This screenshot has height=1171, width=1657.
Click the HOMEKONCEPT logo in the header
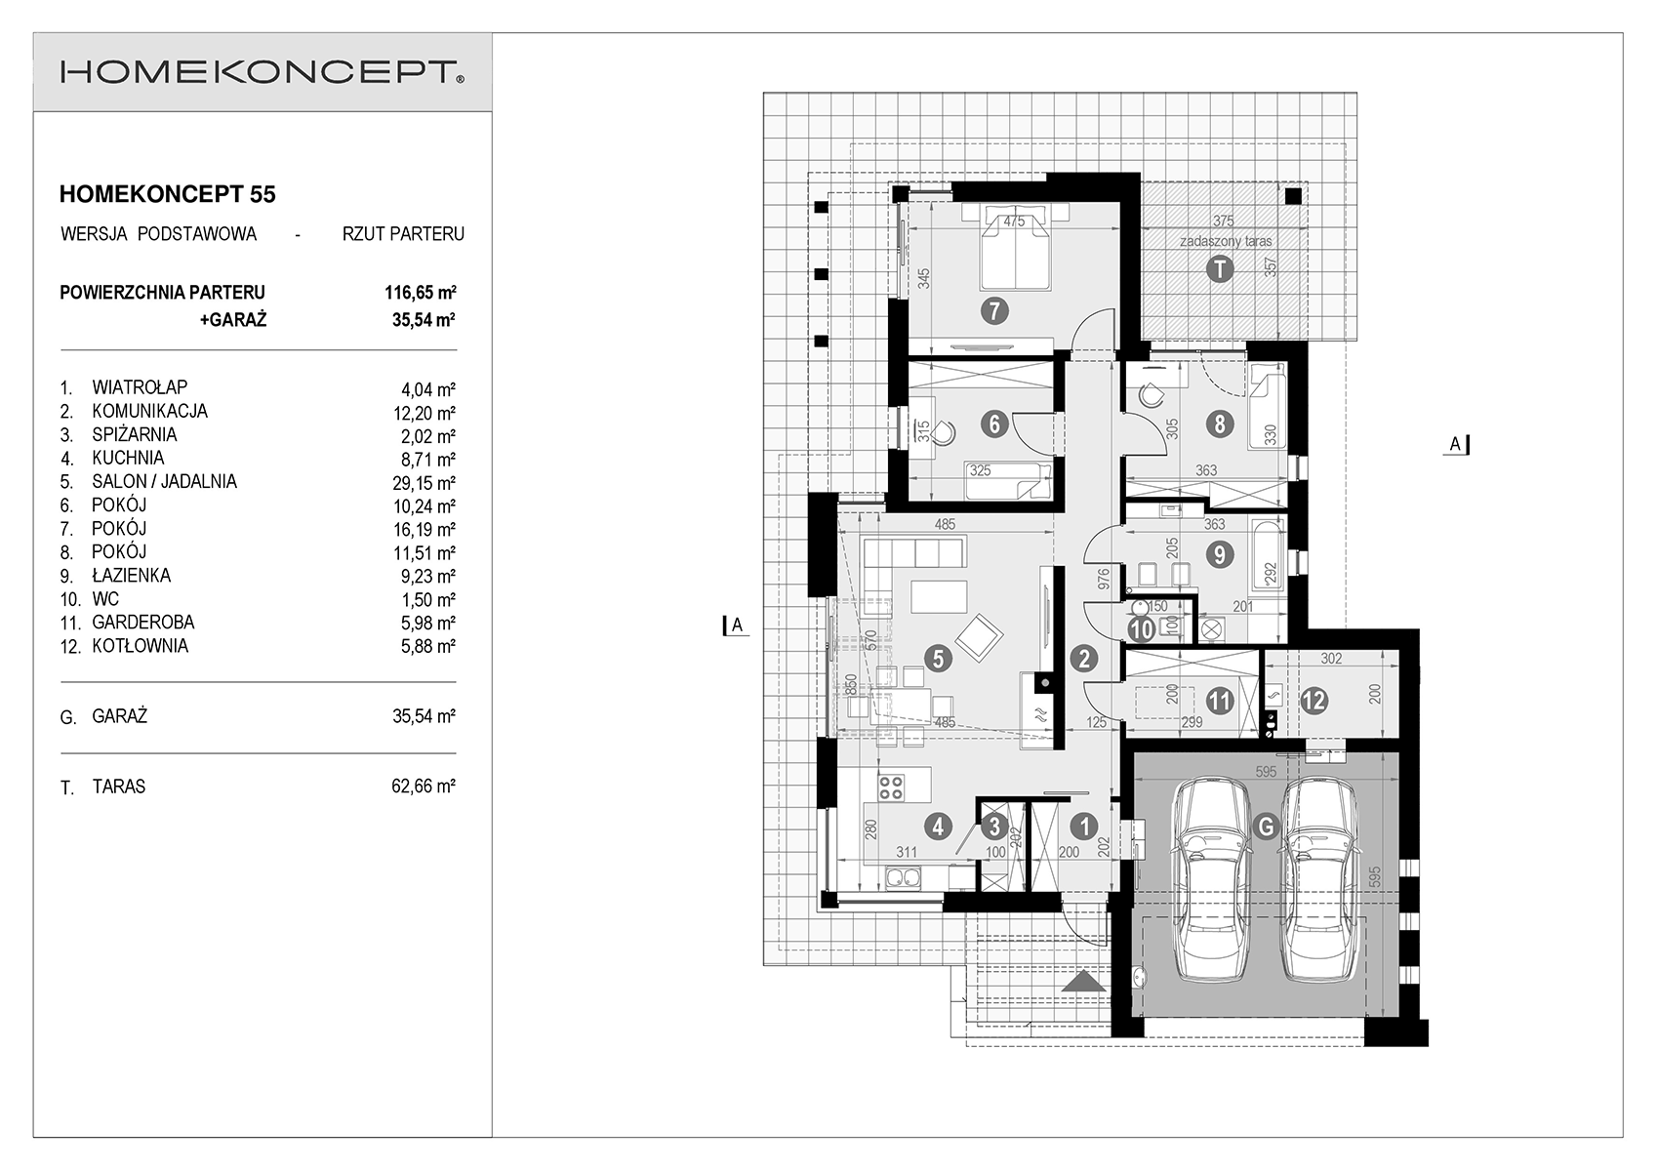262,72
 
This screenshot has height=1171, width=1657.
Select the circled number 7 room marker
994,310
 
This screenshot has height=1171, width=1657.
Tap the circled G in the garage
1266,826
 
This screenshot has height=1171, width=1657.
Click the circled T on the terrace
1220,268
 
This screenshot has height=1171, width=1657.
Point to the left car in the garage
1212,879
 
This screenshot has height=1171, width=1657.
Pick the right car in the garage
1319,879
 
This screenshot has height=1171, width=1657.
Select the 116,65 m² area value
420,292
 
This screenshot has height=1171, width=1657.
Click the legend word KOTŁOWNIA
140,646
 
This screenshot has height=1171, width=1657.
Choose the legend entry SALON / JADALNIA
164,481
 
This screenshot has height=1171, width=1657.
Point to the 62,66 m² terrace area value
424,786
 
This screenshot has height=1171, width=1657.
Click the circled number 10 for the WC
1142,629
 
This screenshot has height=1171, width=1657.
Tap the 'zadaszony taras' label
1226,241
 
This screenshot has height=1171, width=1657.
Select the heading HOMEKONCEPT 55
167,194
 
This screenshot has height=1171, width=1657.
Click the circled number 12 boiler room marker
1313,701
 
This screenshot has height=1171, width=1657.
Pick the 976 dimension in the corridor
1104,579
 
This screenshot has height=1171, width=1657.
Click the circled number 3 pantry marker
994,827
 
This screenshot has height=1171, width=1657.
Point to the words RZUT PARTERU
403,234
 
